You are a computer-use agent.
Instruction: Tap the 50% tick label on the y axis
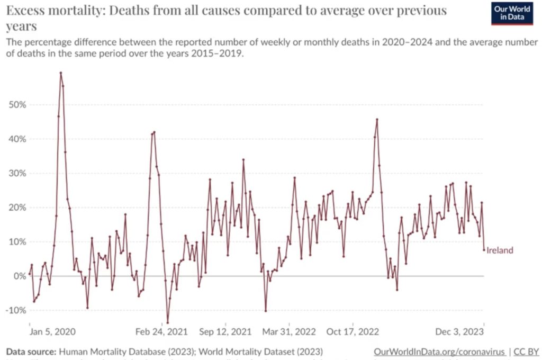[17, 105]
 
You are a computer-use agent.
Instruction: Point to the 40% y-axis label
[17, 139]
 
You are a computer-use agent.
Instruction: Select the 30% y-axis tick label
[17, 174]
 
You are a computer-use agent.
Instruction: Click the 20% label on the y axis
[17, 208]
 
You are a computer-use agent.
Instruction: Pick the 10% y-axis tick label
[17, 242]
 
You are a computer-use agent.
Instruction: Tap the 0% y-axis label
[19, 276]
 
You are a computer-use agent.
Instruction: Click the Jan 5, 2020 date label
[52, 332]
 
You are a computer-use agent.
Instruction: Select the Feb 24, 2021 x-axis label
[162, 332]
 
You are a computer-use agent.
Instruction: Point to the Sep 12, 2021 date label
[225, 332]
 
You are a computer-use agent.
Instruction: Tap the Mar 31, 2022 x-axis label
[290, 332]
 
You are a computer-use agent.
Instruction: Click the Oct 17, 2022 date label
[354, 332]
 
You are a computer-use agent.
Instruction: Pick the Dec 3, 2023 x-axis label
[459, 332]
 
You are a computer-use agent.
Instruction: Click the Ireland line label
[500, 250]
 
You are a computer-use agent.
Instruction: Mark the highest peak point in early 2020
[61, 73]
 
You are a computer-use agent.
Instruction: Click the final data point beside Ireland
[484, 250]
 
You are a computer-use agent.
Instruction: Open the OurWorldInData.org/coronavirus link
[439, 352]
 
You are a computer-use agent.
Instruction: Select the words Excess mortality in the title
[43, 11]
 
